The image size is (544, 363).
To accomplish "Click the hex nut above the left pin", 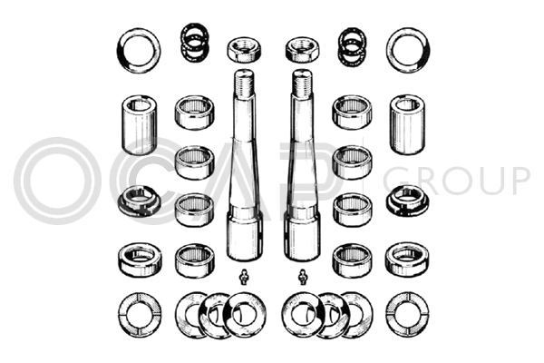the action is click(244, 50).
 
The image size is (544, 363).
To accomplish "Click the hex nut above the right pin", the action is click(302, 50).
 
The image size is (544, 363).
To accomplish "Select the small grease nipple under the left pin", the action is click(245, 277).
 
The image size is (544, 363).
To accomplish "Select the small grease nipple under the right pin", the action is click(303, 277).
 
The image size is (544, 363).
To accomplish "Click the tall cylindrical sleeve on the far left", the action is click(139, 124).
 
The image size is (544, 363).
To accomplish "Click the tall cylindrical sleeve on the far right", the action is click(407, 124).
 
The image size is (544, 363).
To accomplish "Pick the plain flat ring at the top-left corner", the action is click(120, 51).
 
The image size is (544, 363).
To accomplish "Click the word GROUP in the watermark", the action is click(456, 181).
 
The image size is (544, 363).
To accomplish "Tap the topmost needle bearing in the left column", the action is click(194, 113).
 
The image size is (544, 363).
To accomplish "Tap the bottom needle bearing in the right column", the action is click(352, 260).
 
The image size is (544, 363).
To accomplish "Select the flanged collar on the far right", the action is click(407, 201).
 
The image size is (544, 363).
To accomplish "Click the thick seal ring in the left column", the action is click(140, 260).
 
